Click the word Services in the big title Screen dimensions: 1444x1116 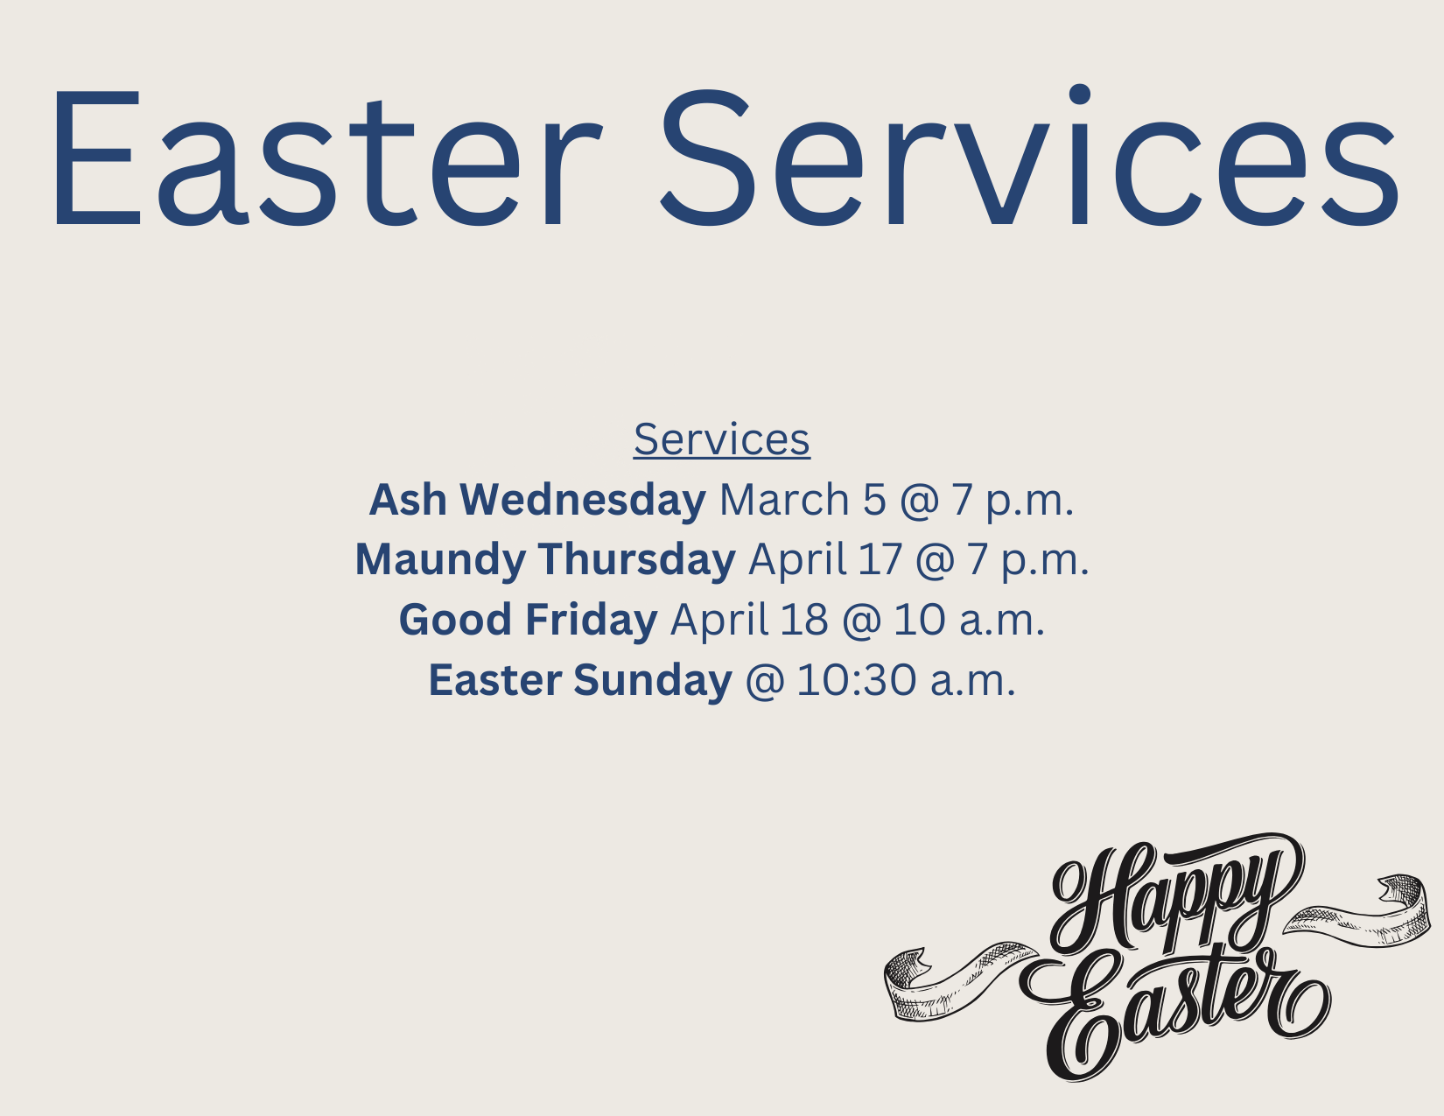[x=1029, y=157]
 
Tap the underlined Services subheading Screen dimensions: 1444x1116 [x=722, y=439]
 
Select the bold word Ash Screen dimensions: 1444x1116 [x=407, y=499]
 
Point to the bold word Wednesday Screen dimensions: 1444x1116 [x=583, y=499]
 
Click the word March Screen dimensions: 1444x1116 [x=784, y=499]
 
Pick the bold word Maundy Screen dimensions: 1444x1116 [x=440, y=559]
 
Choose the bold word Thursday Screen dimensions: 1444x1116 [x=636, y=559]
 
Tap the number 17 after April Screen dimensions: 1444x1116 [x=880, y=559]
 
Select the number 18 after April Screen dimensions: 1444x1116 [x=804, y=620]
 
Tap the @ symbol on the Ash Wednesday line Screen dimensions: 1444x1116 [x=919, y=500]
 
